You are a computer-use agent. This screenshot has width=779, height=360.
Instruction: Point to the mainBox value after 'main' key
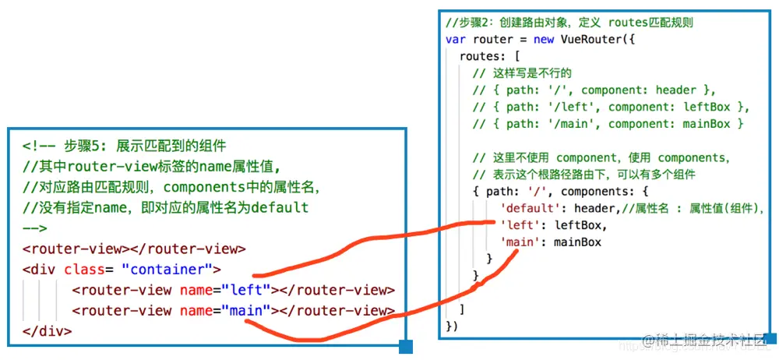577,242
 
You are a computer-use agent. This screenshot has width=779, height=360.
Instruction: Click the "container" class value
170,270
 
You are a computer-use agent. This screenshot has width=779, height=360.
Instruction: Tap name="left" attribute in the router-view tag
224,291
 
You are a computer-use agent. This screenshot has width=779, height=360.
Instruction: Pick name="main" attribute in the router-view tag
224,311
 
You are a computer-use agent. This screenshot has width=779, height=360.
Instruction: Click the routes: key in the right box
485,57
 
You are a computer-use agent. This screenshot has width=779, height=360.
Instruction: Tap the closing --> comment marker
35,228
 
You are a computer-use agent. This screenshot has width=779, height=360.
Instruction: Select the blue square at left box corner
405,347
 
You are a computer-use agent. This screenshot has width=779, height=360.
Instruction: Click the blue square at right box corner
770,339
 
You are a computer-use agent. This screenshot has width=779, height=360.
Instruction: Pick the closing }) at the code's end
453,325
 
